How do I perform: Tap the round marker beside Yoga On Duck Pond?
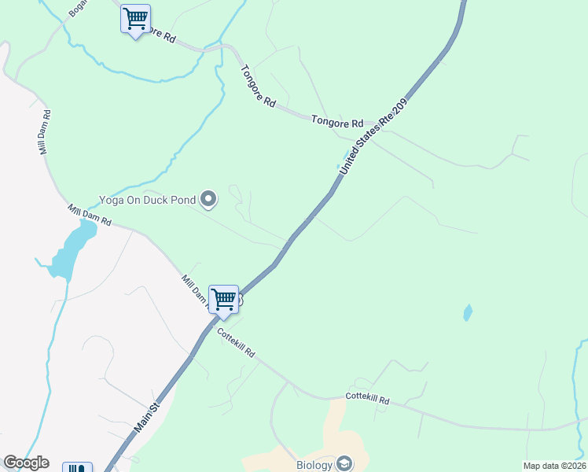coord(208,200)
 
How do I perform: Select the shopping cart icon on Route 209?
coord(224,300)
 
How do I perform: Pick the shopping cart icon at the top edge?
coord(135,19)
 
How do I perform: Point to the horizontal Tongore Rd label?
coord(337,123)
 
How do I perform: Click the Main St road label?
coord(147,418)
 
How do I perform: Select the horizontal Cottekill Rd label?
coord(368,400)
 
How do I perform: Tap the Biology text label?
coord(314,464)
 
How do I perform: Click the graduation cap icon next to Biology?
coord(344,463)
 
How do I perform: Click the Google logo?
coord(26,463)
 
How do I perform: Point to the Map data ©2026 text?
coord(554,466)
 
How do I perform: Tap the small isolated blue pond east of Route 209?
coord(468,313)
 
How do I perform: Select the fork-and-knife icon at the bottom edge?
coord(77,468)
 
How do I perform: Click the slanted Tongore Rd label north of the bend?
coord(259,86)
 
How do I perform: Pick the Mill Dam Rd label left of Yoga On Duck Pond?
coord(90,216)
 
